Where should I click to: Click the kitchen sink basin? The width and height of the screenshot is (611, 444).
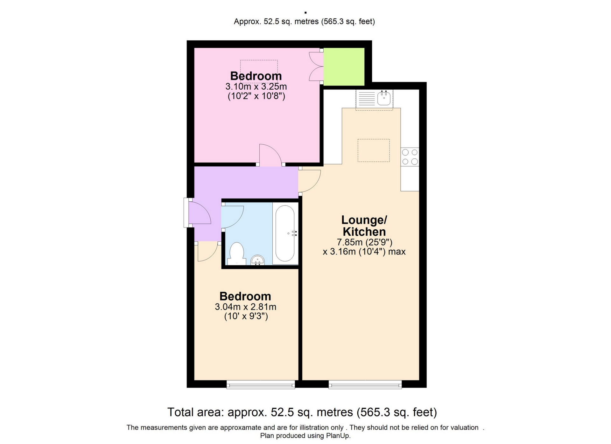tap(384, 98)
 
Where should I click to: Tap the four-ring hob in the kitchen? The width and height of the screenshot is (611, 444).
tap(410, 157)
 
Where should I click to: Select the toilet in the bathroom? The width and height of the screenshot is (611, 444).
tap(236, 254)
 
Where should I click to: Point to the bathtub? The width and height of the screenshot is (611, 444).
tap(285, 233)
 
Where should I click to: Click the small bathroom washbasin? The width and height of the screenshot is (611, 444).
tap(258, 260)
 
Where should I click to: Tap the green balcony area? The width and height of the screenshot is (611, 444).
tap(344, 67)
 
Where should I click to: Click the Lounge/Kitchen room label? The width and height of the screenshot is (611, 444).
tap(364, 226)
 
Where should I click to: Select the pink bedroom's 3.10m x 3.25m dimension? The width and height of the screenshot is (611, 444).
tap(256, 87)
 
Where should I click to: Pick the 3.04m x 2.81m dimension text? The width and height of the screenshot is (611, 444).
tap(246, 307)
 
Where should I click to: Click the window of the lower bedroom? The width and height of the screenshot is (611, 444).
tap(261, 385)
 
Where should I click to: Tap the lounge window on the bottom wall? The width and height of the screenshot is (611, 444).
tap(365, 385)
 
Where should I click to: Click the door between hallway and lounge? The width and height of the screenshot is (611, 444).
tap(310, 181)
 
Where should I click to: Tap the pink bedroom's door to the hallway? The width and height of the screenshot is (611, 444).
tap(270, 155)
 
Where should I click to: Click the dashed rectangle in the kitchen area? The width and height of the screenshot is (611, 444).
tap(374, 150)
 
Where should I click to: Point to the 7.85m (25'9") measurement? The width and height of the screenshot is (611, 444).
tap(364, 242)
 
